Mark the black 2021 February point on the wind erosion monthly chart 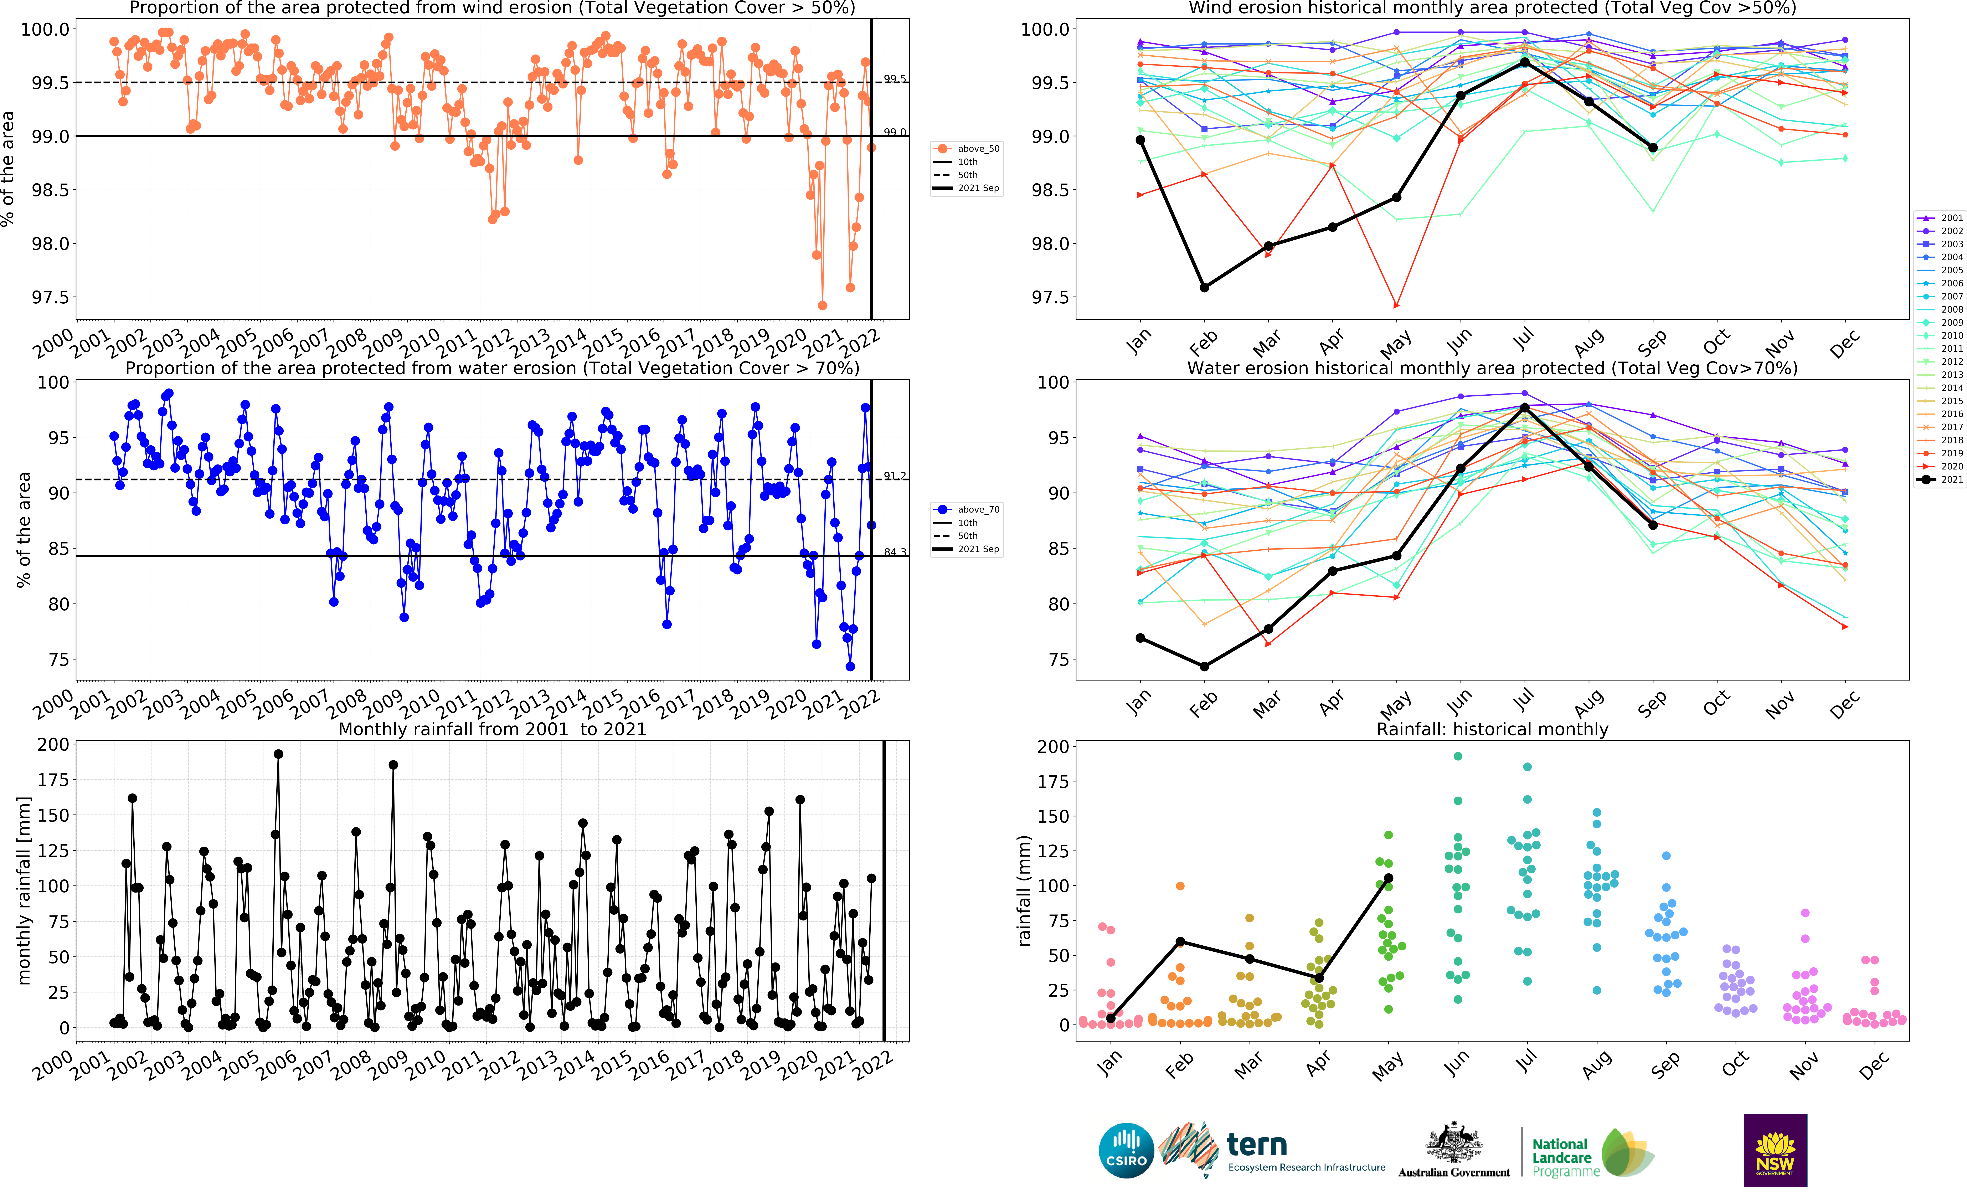tap(1205, 287)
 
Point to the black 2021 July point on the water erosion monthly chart tap(1525, 408)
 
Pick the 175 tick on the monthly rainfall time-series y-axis tap(53, 780)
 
